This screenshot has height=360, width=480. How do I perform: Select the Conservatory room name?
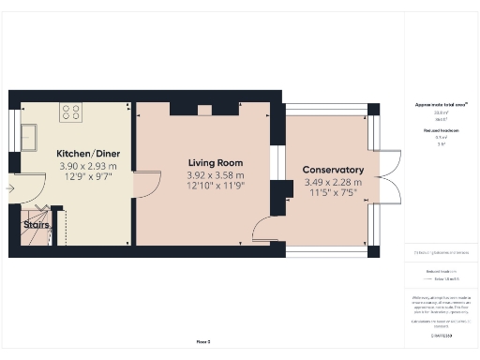[333, 170]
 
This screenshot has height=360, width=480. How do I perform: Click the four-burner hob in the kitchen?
[71, 112]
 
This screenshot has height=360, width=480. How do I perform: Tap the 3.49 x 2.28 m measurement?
[333, 182]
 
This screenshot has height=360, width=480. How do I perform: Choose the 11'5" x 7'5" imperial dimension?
[333, 193]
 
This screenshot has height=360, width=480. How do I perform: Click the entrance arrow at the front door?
[9, 189]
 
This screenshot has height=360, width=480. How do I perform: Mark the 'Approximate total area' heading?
[441, 106]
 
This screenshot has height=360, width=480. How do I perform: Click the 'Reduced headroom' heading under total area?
[441, 130]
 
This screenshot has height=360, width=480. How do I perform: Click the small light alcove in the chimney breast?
[204, 109]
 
